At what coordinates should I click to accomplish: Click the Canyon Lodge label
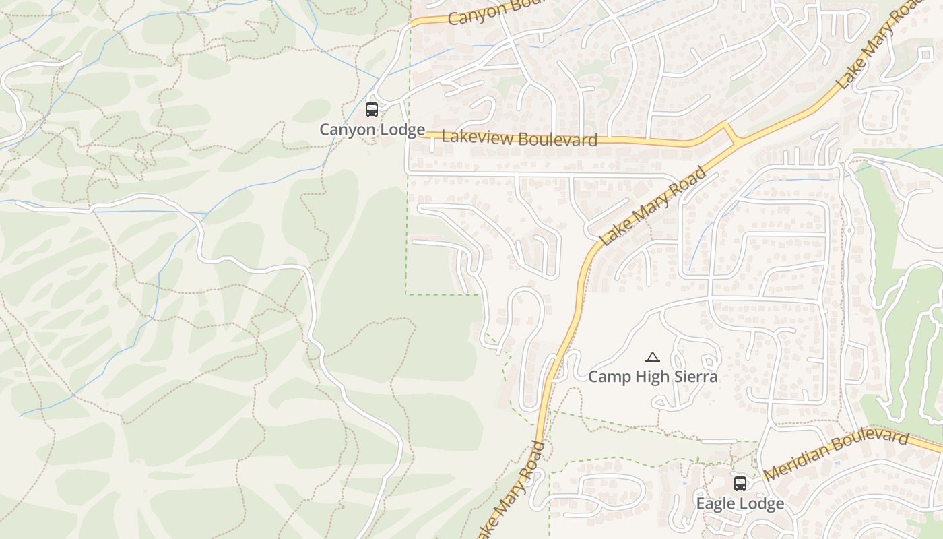coord(372,129)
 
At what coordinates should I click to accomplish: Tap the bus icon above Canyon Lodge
coord(371,110)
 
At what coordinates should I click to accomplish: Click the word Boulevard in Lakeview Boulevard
coord(558,140)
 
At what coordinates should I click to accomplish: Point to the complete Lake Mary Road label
coord(652,206)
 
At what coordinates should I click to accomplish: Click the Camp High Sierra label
coord(653,377)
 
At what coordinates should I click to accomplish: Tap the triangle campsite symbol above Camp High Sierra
coord(652,358)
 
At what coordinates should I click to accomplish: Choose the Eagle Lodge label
coord(740,503)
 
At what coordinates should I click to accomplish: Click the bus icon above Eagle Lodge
coord(740,483)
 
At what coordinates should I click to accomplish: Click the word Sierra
coord(694,377)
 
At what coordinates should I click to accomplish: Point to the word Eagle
coord(715,503)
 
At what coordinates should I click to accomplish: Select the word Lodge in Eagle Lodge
coord(760,503)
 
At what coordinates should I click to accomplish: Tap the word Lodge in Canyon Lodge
coord(403,129)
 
